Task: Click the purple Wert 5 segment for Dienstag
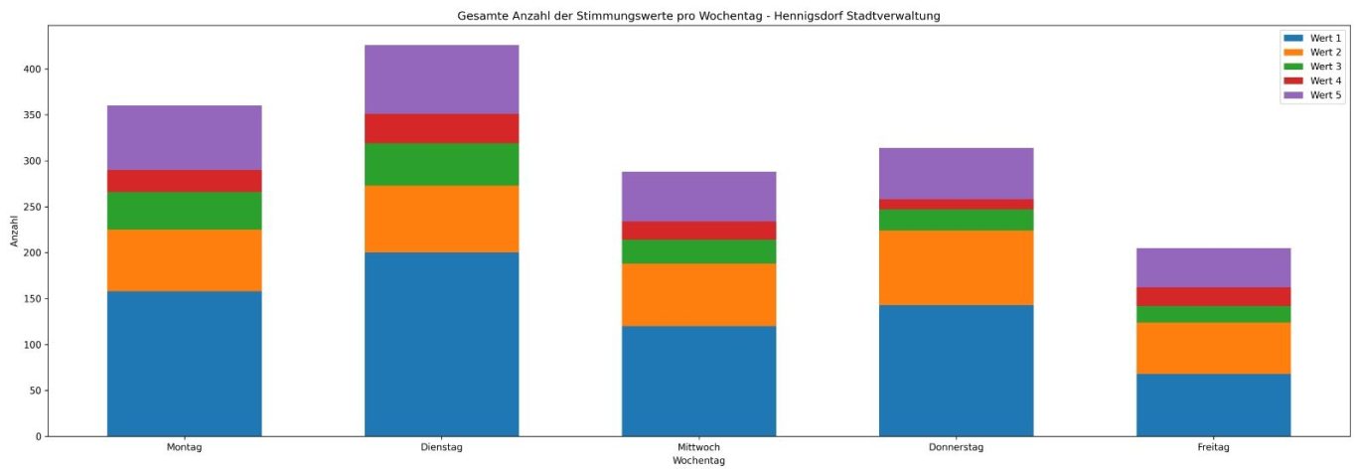pyautogui.click(x=441, y=79)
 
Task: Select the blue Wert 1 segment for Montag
pyautogui.click(x=184, y=363)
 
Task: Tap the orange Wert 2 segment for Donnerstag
pyautogui.click(x=956, y=267)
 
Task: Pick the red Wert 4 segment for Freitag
pyautogui.click(x=1213, y=296)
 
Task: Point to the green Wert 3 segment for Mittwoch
pyautogui.click(x=698, y=251)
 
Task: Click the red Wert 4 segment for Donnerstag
pyautogui.click(x=956, y=204)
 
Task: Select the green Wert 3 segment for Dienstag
pyautogui.click(x=441, y=164)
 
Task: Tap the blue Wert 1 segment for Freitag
pyautogui.click(x=1213, y=404)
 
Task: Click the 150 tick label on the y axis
pyautogui.click(x=32, y=299)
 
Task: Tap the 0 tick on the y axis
pyautogui.click(x=38, y=436)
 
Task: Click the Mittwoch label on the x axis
pyautogui.click(x=698, y=448)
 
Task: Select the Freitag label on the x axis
pyautogui.click(x=1213, y=448)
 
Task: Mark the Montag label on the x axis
pyautogui.click(x=184, y=448)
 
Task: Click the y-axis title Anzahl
pyautogui.click(x=14, y=231)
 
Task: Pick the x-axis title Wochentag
pyautogui.click(x=698, y=461)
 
